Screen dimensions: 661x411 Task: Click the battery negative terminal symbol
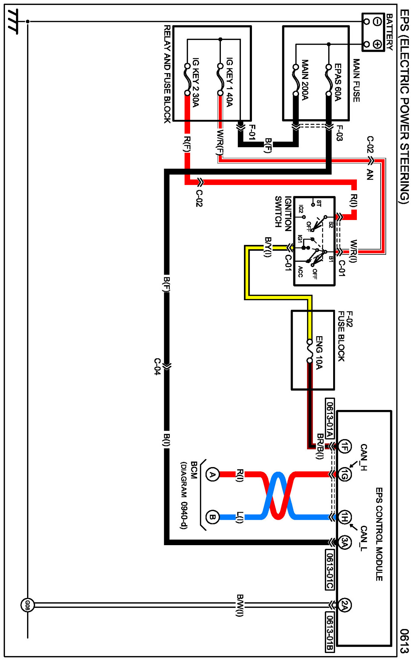tap(378, 22)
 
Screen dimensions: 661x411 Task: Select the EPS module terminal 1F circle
tap(345, 446)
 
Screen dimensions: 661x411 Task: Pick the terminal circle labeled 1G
tap(345, 474)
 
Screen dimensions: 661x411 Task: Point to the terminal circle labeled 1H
tap(345, 517)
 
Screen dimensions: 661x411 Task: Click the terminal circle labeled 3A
tap(345, 542)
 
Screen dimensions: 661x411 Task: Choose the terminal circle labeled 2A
tap(345, 605)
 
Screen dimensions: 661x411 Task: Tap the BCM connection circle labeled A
tap(212, 474)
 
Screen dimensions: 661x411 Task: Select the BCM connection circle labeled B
tap(212, 517)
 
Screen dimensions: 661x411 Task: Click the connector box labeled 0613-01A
tap(330, 418)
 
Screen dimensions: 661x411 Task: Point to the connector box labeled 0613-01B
tap(330, 632)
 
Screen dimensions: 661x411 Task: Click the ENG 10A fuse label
tap(319, 353)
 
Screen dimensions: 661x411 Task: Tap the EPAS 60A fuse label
tap(338, 82)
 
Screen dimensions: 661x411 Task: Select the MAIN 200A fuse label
tap(305, 80)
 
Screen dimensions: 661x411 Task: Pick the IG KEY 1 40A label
tap(229, 82)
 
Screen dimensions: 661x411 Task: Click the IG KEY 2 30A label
tap(196, 82)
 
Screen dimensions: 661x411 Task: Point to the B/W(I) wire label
tap(240, 605)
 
